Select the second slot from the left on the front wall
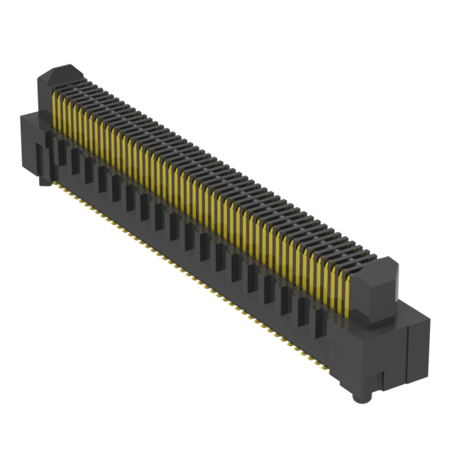point(74,161)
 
